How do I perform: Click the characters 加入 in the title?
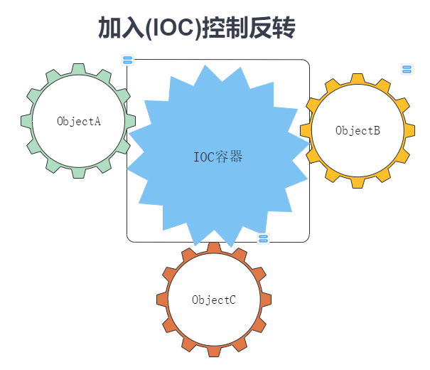[114, 28]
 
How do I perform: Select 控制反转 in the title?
[248, 28]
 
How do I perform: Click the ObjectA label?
[79, 121]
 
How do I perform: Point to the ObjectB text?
[358, 130]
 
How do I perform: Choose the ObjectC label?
[214, 300]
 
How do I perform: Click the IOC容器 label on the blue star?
[218, 157]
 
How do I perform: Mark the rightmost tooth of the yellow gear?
[410, 130]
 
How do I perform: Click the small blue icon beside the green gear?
[128, 60]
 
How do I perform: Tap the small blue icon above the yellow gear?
[407, 69]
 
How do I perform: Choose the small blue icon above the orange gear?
[263, 238]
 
